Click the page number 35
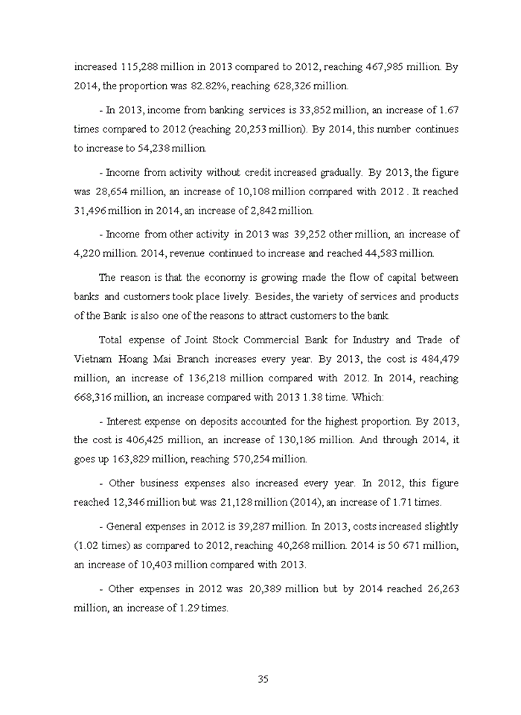pyautogui.click(x=262, y=679)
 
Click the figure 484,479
pyautogui.click(x=440, y=359)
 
